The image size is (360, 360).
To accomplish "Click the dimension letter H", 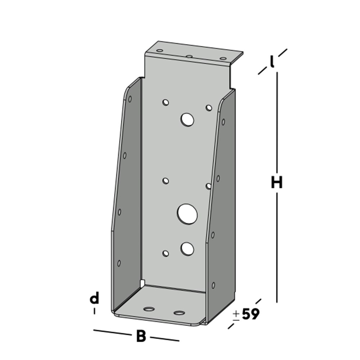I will pos(277,183).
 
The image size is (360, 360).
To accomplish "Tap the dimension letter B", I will pos(141,337).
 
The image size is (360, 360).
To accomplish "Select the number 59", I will pos(251,314).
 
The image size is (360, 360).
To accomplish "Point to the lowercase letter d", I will pos(94,298).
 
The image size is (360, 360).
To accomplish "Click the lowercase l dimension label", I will pos(273,62).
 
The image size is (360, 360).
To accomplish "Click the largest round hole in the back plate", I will pos(187,213).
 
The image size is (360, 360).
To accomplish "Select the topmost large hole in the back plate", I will pos(187,119).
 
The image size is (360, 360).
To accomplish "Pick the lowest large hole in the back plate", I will pos(187,248).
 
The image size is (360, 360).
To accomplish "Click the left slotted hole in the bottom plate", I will pos(148,309).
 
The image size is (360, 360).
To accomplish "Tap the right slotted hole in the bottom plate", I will pos(179,312).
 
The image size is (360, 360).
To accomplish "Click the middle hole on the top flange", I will pos(189,57).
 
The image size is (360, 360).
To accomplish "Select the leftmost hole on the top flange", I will pos(160,51).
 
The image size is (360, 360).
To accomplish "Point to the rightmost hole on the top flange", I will pos(223,58).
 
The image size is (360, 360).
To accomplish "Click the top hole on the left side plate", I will pos(130,99).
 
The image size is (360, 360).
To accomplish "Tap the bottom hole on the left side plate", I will pos(119,263).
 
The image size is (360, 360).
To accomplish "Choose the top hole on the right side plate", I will pos(223,122).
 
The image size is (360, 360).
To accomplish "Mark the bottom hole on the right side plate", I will pos(213,285).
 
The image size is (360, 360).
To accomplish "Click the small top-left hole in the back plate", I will pos(166,102).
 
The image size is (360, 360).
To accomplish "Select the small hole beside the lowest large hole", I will pos(166,253).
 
